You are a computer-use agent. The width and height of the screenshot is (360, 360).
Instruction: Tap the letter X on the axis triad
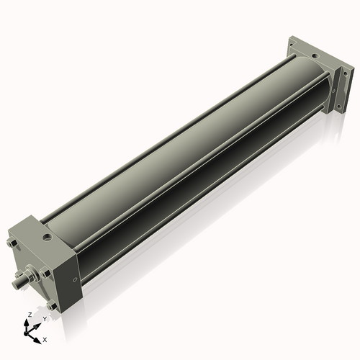point(45,338)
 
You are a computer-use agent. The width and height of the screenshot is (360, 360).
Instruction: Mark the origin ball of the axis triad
point(29,333)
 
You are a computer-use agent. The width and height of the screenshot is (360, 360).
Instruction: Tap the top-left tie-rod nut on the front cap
point(12,245)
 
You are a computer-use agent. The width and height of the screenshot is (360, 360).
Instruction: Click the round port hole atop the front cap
point(48,235)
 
